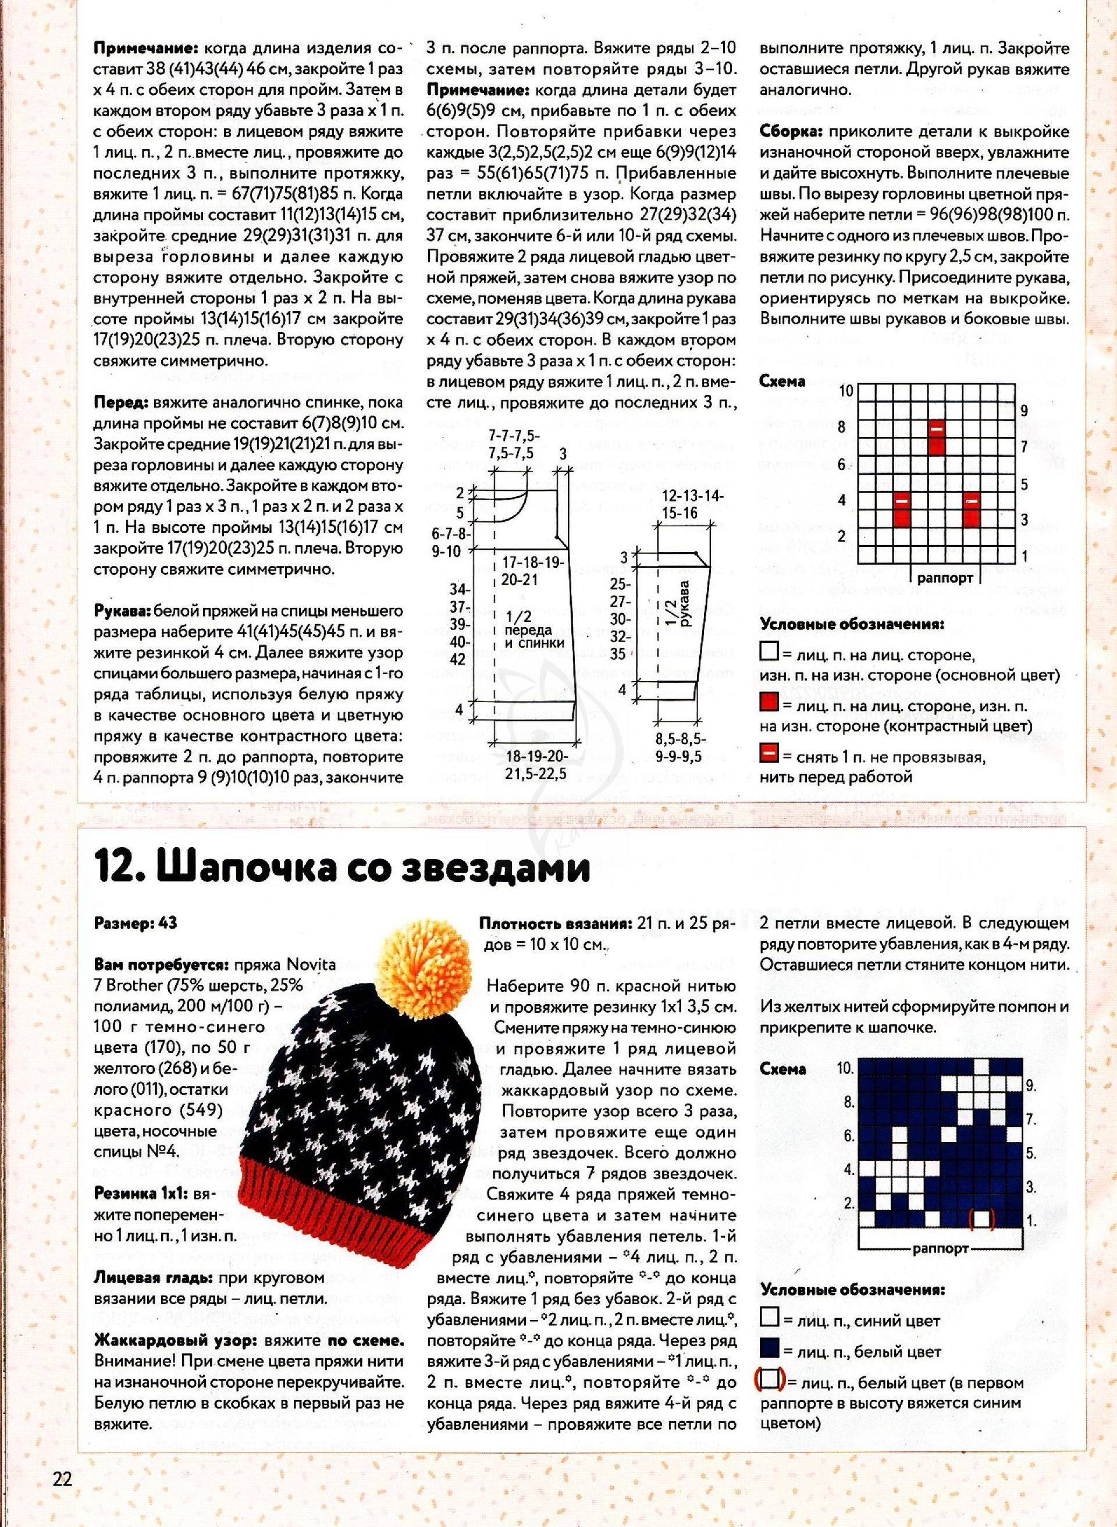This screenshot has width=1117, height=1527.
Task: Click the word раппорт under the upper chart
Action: click(x=945, y=578)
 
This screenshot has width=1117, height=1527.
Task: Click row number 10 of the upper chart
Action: click(x=845, y=391)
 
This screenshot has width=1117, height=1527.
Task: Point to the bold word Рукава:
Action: click(x=122, y=611)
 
